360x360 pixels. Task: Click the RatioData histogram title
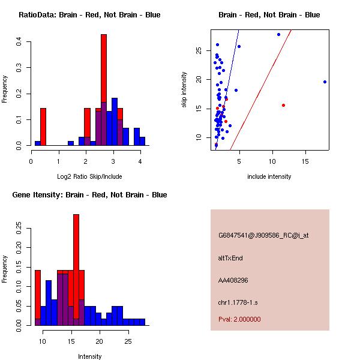(x=89, y=14)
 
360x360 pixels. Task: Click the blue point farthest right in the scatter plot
(x=325, y=82)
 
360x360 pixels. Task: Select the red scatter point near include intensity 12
(x=283, y=105)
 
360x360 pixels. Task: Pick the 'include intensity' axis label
(x=269, y=176)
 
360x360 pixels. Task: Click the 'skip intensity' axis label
(x=185, y=90)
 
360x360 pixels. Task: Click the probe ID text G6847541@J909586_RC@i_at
(x=263, y=235)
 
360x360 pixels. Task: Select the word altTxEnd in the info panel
(x=230, y=258)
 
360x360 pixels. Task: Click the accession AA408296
(x=234, y=280)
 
